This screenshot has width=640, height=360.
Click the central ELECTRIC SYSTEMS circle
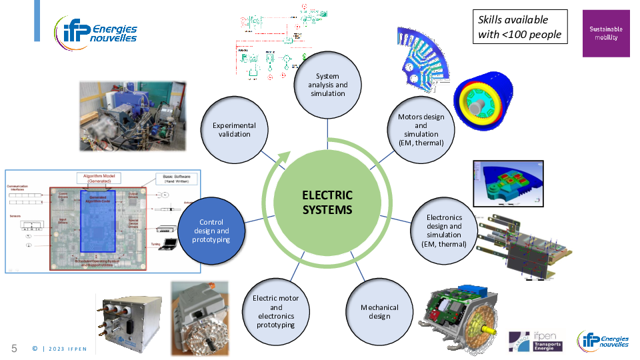point(327,203)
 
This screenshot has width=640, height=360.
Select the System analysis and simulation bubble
point(327,85)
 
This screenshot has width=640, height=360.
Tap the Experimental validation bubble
point(234,129)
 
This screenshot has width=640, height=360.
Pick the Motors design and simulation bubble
point(421,129)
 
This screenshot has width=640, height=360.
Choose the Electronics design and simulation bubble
point(444,231)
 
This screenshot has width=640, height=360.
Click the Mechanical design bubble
point(379,311)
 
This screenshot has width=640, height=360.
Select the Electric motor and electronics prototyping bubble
point(276,311)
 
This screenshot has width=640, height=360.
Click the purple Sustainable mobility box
point(606,33)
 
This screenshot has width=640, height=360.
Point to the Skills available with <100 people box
point(520,27)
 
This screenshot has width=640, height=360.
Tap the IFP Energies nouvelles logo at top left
point(96,29)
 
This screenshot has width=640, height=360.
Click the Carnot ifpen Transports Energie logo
point(535,341)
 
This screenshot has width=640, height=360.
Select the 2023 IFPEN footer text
point(63,349)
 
